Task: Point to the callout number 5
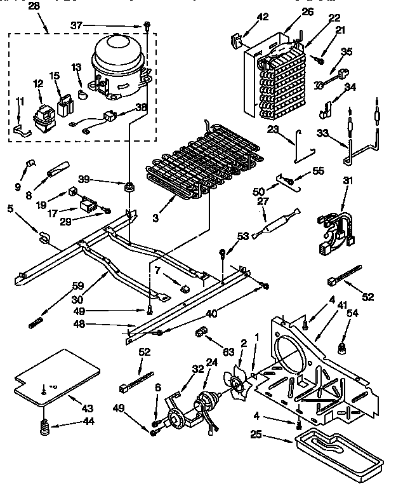tap(11, 208)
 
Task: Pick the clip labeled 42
tap(236, 41)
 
